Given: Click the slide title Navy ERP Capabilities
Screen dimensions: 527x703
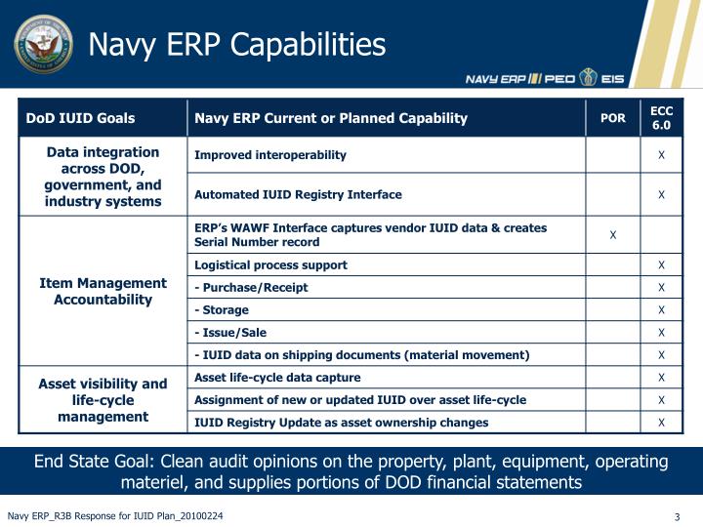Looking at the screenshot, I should click(237, 45).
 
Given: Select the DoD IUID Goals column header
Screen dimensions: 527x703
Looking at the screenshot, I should click(80, 119).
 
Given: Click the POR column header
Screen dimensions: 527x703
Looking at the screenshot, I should click(612, 119).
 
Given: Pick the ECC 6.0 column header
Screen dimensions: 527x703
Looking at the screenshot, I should click(661, 118).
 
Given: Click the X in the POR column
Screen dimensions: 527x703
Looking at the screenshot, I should click(612, 235).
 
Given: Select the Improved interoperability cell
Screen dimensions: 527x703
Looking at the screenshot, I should click(270, 155).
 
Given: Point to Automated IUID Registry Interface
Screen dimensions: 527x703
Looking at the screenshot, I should click(298, 194).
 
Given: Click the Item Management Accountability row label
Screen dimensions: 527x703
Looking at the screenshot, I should click(103, 291).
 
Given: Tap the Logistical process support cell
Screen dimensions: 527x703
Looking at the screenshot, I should click(270, 264).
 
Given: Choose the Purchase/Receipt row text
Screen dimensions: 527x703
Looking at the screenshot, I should click(253, 287).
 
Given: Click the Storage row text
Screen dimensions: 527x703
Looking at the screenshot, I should click(224, 310).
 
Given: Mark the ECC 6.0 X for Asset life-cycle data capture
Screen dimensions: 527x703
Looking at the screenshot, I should click(661, 378).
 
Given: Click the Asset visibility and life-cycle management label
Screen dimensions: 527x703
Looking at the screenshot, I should click(103, 400).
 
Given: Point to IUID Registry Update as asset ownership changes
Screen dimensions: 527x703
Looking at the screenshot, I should click(341, 423).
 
